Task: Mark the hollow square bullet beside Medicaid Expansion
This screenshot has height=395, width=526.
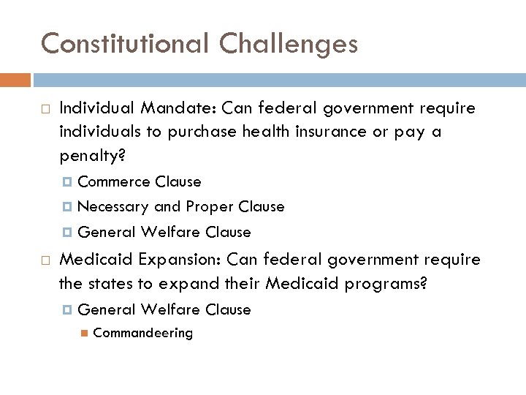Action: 45,260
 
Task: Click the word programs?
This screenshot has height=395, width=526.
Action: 386,284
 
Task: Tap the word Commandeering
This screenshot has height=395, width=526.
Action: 143,333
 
